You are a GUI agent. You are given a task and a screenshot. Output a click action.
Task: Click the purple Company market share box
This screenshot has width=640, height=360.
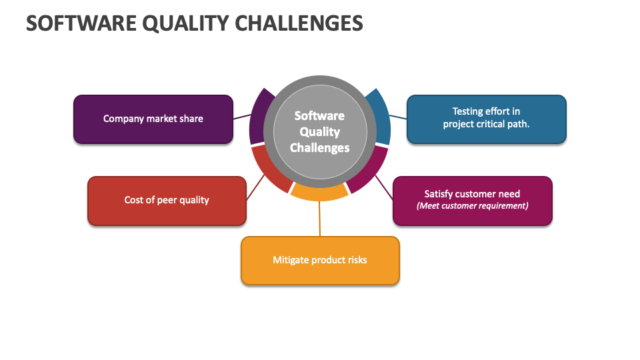(153, 119)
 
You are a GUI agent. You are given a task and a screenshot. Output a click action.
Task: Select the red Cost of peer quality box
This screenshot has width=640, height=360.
(167, 201)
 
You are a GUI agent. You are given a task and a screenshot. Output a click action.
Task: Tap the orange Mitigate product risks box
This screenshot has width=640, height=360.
(320, 261)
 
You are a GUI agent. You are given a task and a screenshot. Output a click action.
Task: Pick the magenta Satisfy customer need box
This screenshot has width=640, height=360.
(472, 201)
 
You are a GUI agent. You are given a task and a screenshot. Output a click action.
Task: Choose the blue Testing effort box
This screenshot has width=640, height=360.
(487, 119)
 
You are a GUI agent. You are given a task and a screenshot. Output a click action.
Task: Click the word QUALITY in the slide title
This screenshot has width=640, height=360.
(185, 23)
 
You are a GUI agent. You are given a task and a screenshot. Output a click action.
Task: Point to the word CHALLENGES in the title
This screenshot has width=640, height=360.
(299, 23)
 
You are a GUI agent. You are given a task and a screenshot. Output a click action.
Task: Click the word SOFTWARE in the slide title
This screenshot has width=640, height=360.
(81, 23)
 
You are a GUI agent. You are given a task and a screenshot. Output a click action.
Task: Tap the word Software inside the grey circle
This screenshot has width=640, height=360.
(319, 116)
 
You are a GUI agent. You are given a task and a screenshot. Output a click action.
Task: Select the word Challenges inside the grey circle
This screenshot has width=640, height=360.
(319, 148)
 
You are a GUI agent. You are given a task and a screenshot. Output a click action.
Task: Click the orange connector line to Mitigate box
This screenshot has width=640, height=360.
(319, 219)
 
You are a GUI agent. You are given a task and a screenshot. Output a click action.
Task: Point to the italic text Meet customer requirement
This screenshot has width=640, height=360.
(472, 206)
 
